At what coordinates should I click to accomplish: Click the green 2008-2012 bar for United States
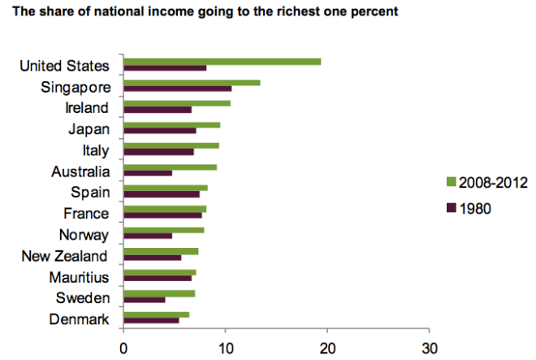pos(222,62)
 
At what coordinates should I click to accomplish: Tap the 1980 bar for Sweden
pos(144,300)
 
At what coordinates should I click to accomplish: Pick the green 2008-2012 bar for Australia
pos(170,167)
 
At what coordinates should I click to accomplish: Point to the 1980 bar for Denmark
pos(151,320)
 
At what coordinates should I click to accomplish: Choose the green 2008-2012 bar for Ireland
pos(176,103)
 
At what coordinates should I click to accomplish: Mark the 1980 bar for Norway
pos(147,236)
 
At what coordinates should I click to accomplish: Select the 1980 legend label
pos(475,208)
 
